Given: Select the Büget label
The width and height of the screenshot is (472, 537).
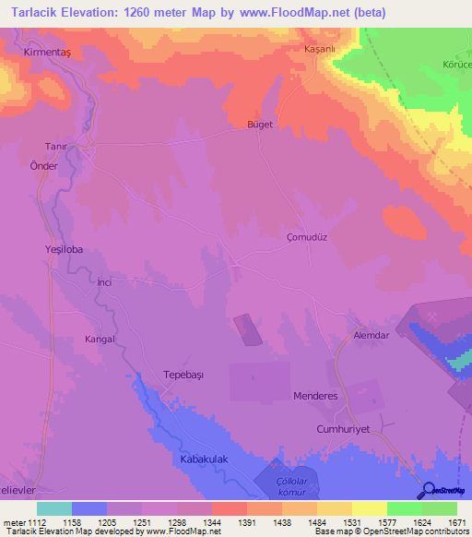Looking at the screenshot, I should pyautogui.click(x=260, y=125).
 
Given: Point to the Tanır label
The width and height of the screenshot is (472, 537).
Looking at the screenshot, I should pyautogui.click(x=57, y=146).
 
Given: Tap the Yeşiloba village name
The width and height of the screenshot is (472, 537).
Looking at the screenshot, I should pyautogui.click(x=64, y=249).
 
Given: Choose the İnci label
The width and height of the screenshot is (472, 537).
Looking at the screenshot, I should pyautogui.click(x=104, y=282).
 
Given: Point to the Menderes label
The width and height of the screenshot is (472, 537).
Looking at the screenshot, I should pyautogui.click(x=315, y=395).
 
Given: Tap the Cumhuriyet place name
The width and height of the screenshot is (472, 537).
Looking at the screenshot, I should pyautogui.click(x=343, y=429).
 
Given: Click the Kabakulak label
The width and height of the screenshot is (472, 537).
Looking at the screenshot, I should pyautogui.click(x=198, y=459).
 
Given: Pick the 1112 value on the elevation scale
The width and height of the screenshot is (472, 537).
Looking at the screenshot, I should pyautogui.click(x=36, y=522).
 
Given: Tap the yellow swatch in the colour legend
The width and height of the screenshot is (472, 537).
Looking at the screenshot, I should pyautogui.click(x=369, y=508).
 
